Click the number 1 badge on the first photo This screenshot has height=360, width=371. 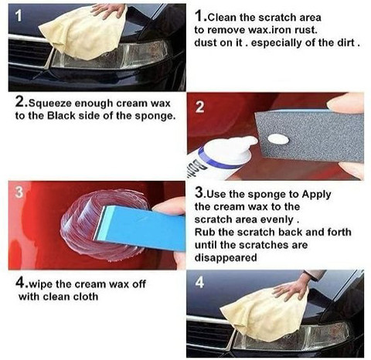point(19,16)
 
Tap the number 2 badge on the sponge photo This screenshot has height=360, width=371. point(200,107)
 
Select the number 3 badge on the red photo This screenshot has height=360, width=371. point(19,192)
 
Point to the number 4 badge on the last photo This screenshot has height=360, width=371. point(199,283)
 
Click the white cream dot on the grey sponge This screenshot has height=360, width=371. point(278,139)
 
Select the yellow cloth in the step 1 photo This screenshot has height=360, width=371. point(83,33)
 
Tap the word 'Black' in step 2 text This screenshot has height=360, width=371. point(61,116)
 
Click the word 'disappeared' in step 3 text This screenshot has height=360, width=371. point(226,257)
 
